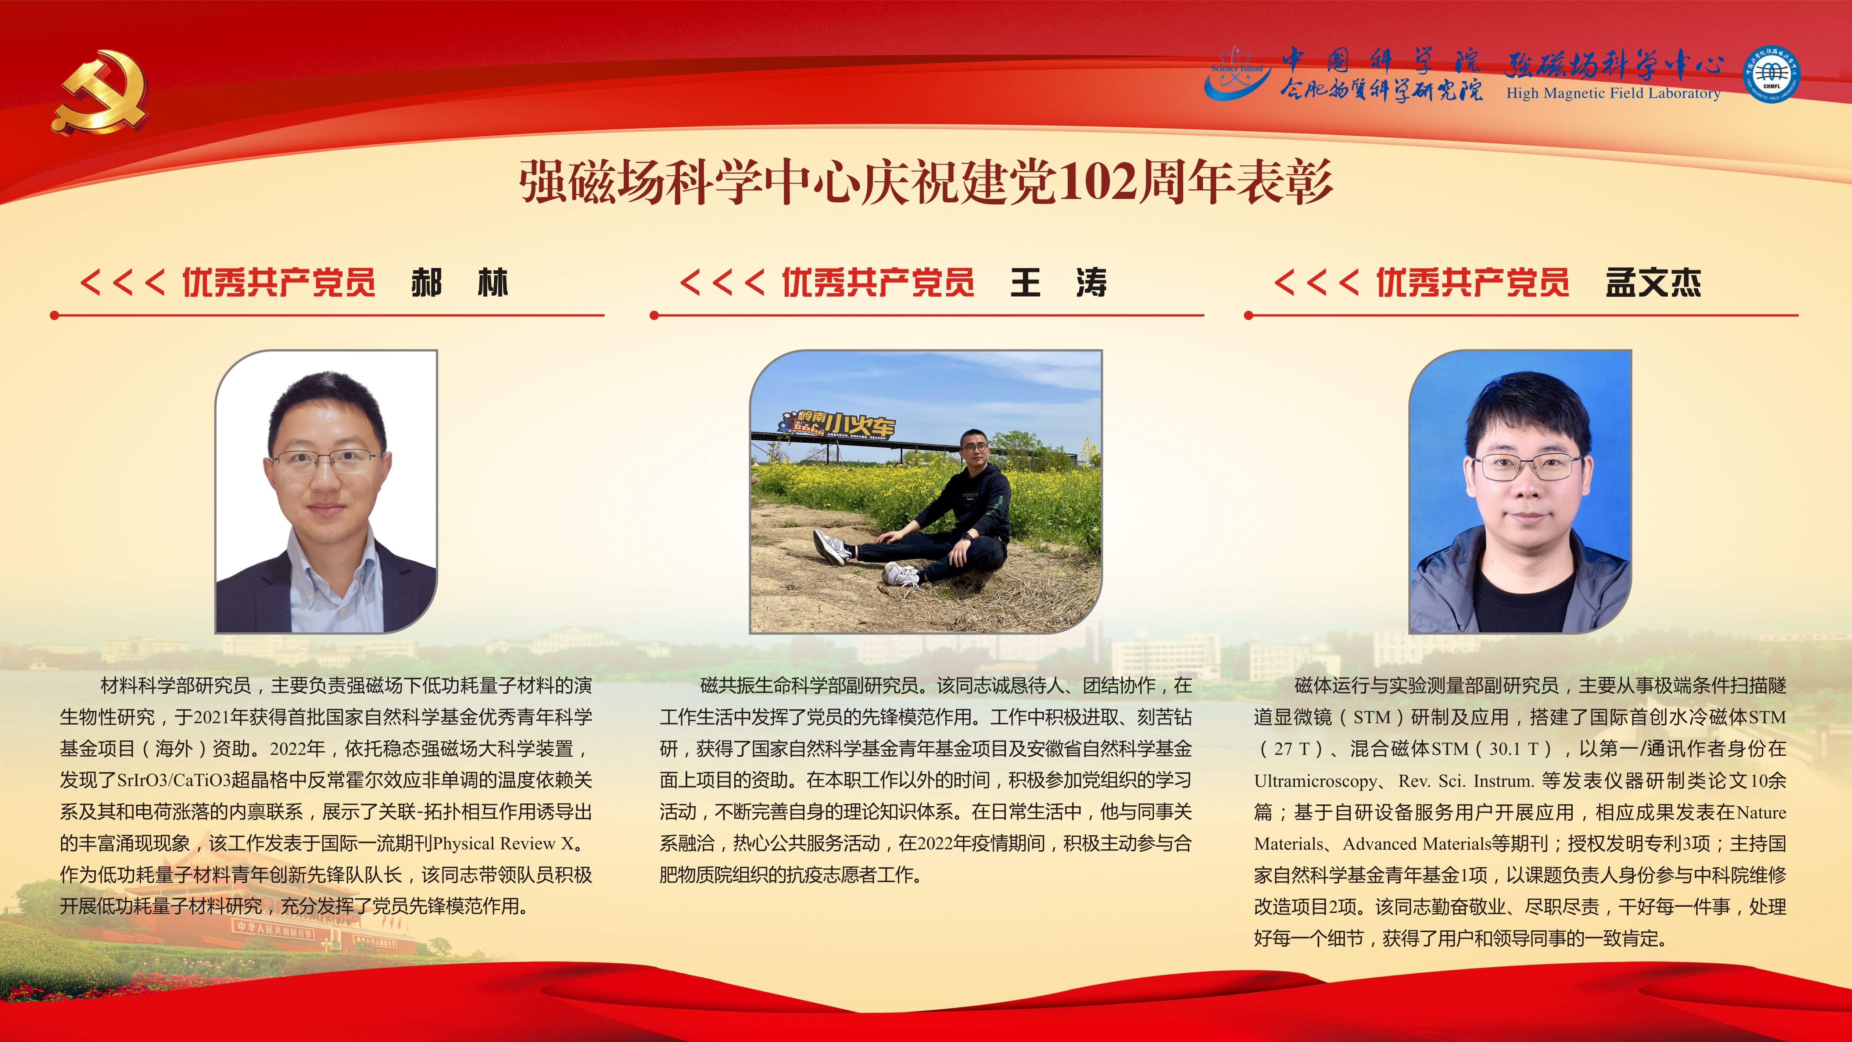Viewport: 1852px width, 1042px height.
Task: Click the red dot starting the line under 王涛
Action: click(x=654, y=315)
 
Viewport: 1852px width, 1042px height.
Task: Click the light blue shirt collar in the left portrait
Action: click(x=332, y=557)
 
